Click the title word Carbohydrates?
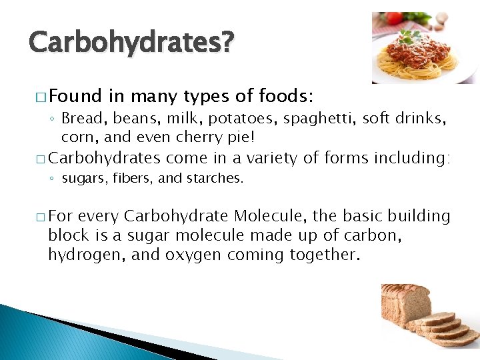pos(131,43)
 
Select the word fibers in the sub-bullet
pos(120,178)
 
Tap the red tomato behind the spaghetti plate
pos(394,19)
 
